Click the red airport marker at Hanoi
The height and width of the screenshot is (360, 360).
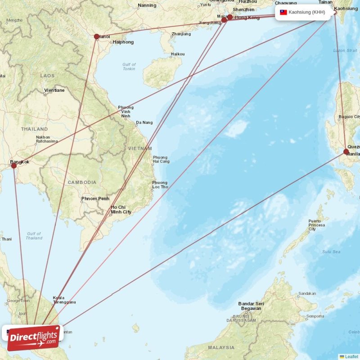click(x=96, y=36)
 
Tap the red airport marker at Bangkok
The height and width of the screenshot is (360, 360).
click(x=14, y=166)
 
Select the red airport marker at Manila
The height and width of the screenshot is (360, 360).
click(x=346, y=152)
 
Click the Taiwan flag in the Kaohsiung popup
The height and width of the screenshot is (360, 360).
click(x=283, y=13)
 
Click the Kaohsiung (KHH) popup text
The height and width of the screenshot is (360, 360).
click(x=307, y=13)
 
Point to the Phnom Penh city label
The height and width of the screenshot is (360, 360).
click(x=95, y=198)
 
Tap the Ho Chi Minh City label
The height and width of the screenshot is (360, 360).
click(x=121, y=209)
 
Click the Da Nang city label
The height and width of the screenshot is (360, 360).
click(x=144, y=122)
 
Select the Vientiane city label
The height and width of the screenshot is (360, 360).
click(x=54, y=90)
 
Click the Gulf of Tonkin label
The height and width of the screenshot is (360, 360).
click(x=129, y=67)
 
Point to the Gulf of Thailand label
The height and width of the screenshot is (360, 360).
click(x=34, y=236)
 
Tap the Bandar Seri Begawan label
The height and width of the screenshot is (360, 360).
click(x=251, y=306)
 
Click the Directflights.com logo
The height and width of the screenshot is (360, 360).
click(x=33, y=337)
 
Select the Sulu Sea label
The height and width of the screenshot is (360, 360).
click(x=330, y=252)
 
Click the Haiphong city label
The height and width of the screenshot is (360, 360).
click(x=122, y=42)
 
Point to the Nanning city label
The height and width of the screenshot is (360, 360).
click(x=147, y=5)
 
